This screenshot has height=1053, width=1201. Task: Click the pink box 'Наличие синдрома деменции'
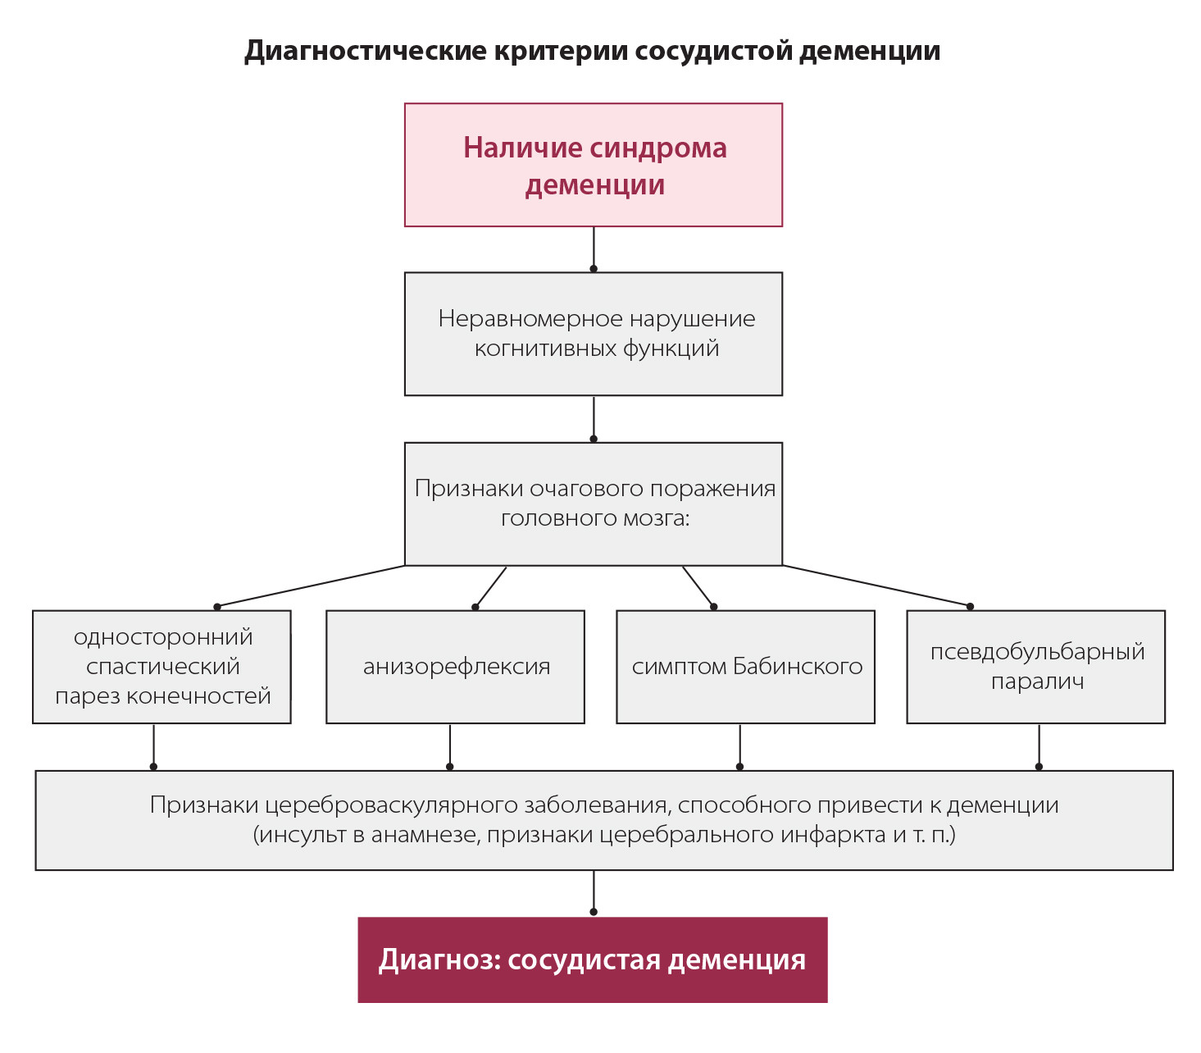click(x=593, y=165)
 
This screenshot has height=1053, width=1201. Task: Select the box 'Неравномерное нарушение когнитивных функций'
click(x=593, y=334)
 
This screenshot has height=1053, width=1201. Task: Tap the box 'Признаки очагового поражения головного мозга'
click(x=593, y=504)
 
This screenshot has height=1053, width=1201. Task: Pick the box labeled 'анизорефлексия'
click(x=455, y=667)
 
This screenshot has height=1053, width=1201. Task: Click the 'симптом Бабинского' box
click(x=745, y=667)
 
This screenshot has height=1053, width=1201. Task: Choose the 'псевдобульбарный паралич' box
click(x=1035, y=667)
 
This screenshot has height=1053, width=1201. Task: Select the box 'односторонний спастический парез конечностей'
click(x=161, y=667)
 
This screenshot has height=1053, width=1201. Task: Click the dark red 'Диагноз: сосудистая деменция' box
click(x=592, y=960)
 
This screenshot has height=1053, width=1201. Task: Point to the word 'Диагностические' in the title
click(x=365, y=51)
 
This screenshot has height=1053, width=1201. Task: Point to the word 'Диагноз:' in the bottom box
click(x=439, y=960)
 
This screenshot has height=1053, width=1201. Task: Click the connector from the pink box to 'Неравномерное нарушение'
click(x=594, y=248)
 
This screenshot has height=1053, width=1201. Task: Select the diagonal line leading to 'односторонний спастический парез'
click(x=312, y=586)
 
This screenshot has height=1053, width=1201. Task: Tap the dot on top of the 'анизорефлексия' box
click(x=475, y=607)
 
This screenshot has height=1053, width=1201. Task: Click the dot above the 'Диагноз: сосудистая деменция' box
click(x=594, y=911)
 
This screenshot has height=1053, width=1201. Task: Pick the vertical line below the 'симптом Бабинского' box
click(x=740, y=745)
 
